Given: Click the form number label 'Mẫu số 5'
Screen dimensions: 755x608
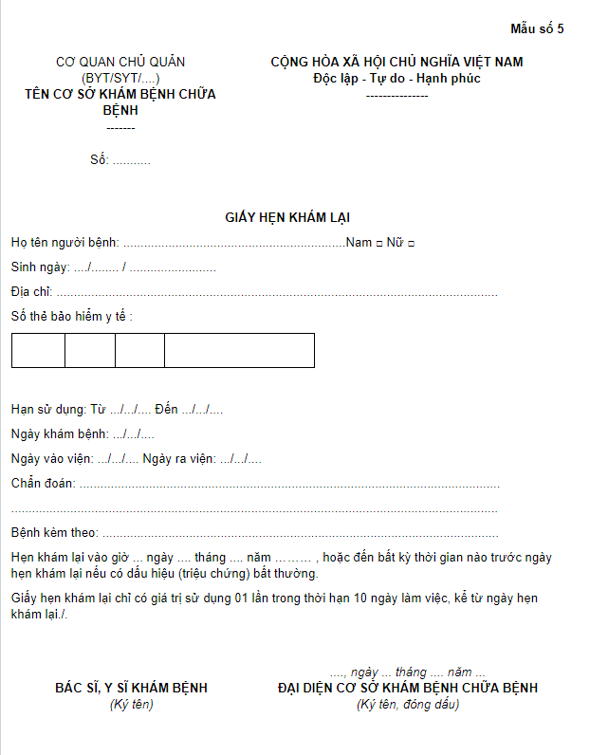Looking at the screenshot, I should pos(537,28).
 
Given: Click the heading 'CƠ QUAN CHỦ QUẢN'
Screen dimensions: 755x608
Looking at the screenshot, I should pos(120,63).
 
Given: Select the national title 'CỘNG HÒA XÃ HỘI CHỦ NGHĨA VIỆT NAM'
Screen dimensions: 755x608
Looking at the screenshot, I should pos(396,63).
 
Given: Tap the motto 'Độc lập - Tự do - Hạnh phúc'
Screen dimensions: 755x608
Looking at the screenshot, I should pos(396,78).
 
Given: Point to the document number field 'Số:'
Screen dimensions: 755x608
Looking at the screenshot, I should pos(100,159).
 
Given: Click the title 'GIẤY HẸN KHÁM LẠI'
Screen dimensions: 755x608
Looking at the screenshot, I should pos(287,217).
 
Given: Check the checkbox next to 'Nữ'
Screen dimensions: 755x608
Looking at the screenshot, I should pos(411,244).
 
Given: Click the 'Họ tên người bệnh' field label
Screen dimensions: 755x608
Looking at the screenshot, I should pos(64,243).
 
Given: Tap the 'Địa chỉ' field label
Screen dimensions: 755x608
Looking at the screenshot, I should pos(31,291).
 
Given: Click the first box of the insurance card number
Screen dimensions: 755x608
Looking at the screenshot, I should pos(39,350).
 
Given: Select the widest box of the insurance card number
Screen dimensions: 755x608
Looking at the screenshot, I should pos(239,350).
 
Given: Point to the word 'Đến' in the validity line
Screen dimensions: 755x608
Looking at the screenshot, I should pos(166,410).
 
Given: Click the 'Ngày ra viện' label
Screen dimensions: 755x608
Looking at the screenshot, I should pos(178,459).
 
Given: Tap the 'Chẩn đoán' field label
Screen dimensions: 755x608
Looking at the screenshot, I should pos(43,484).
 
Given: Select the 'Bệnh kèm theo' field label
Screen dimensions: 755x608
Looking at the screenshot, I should pos(54,533).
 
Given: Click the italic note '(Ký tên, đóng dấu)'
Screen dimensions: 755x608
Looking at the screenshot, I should pos(408,704).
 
